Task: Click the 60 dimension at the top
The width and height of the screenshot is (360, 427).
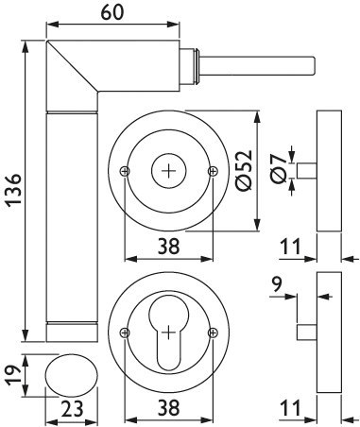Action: (x=112, y=12)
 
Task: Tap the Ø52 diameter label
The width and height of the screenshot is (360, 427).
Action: (x=244, y=170)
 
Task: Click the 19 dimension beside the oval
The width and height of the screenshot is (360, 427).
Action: (x=13, y=375)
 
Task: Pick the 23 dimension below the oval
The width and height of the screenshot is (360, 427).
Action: (x=72, y=408)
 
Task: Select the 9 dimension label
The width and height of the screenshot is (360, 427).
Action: (x=276, y=285)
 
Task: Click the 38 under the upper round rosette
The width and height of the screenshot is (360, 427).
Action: (x=168, y=247)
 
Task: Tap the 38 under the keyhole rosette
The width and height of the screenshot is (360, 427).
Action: (x=168, y=407)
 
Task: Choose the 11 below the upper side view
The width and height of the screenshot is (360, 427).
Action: (x=290, y=247)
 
